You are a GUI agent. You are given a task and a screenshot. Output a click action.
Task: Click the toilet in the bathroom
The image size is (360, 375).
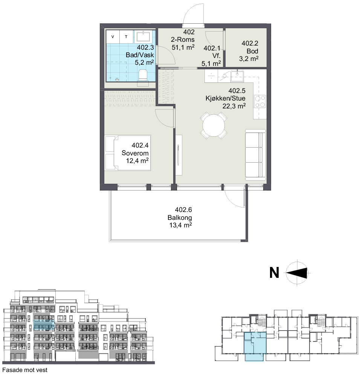click(x=143, y=76)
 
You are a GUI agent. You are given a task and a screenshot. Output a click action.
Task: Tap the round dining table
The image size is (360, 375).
click(x=214, y=125)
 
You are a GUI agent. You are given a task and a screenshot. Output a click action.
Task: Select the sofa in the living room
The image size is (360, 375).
click(x=255, y=155)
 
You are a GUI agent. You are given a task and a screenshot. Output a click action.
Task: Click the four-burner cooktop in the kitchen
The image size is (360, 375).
click(x=260, y=101)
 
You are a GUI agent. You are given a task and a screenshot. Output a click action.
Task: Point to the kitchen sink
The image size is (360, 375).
click(x=237, y=76)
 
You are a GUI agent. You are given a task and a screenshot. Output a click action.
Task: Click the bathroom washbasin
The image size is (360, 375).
click(x=143, y=37)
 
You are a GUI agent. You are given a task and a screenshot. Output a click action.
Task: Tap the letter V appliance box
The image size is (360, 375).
click(x=113, y=37)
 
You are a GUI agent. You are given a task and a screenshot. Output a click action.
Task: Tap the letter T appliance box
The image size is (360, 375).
click(x=126, y=37)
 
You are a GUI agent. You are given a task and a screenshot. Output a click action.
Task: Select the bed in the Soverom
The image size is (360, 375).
click(x=128, y=153)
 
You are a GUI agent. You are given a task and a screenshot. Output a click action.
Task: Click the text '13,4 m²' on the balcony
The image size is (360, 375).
click(x=181, y=225)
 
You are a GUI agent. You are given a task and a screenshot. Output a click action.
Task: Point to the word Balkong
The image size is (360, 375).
click(x=180, y=218)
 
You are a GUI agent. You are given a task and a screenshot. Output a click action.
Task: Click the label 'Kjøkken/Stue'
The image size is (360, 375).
click(x=225, y=98)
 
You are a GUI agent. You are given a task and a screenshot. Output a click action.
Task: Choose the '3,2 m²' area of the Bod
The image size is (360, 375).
click(x=249, y=59)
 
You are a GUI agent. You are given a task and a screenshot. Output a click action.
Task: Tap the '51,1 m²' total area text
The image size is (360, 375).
click(x=183, y=47)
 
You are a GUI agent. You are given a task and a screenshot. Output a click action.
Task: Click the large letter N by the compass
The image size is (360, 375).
click(x=274, y=273)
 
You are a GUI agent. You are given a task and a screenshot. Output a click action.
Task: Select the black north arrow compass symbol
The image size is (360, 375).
click(x=297, y=273)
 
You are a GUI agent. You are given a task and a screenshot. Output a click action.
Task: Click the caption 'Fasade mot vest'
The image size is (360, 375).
click(x=24, y=370)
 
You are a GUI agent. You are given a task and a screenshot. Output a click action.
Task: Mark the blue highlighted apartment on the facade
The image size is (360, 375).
click(x=44, y=326)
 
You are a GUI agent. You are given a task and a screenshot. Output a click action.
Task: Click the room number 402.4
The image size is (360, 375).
click(x=140, y=145)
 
